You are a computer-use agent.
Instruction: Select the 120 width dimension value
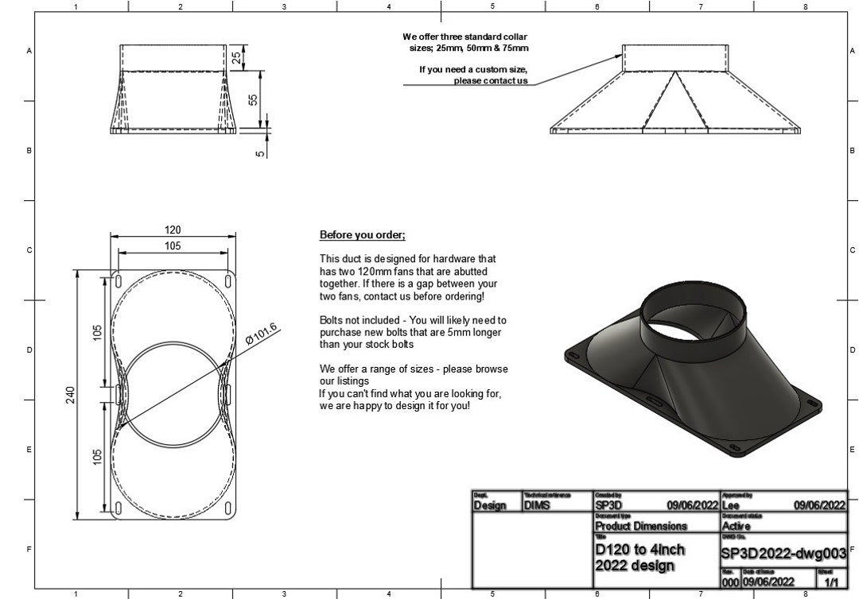tap(173, 230)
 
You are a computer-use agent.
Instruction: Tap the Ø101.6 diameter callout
tap(262, 334)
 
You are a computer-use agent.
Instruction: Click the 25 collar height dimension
tap(237, 57)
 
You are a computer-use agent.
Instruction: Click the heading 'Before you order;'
tap(363, 235)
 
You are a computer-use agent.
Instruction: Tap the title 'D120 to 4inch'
tap(639, 549)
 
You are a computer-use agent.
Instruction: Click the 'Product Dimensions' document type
tap(641, 526)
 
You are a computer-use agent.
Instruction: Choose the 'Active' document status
tap(739, 526)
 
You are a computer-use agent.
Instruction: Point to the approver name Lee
tap(730, 505)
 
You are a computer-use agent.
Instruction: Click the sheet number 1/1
tap(832, 582)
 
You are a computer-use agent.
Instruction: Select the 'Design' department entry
tap(490, 505)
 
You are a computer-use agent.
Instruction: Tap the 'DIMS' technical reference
tap(538, 505)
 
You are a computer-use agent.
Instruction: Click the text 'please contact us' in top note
tap(491, 81)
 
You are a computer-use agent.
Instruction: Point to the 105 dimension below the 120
tap(173, 246)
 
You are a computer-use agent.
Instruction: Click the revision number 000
tap(730, 582)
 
